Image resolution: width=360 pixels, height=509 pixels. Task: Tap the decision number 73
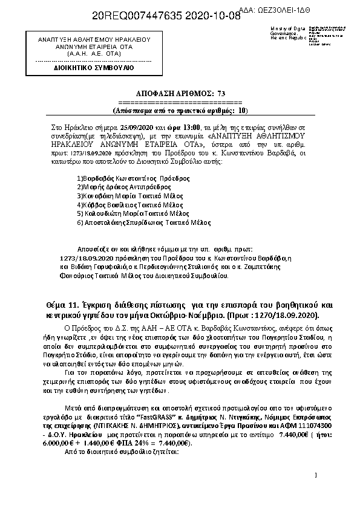[220, 93]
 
